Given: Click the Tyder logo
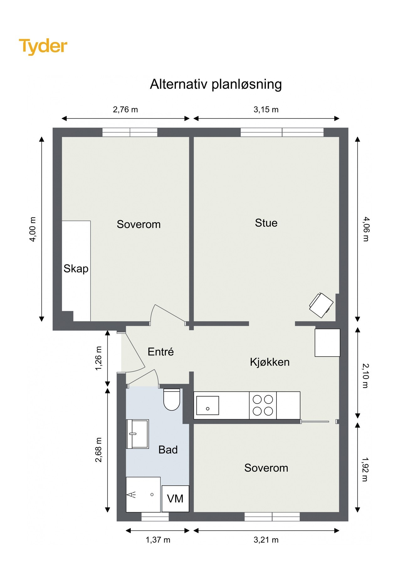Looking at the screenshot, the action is [x=43, y=46].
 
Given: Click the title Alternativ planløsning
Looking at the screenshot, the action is [x=216, y=84].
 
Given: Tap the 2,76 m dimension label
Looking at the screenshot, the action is [x=125, y=109].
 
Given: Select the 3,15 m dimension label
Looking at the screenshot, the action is [x=266, y=109].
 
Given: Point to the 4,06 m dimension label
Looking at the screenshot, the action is [x=366, y=229].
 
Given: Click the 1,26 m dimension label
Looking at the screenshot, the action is [x=98, y=358].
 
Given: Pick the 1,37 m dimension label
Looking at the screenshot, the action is [x=158, y=540].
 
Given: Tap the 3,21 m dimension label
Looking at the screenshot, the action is [x=266, y=540].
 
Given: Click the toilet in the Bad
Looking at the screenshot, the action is [x=172, y=399].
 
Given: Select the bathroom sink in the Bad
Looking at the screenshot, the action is [x=137, y=434].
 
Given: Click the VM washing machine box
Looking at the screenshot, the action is [x=175, y=499].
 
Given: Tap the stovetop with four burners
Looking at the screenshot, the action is [x=263, y=405].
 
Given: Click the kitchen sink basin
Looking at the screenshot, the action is [x=207, y=405].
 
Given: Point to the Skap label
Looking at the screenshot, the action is [x=76, y=269].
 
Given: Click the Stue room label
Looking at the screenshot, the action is [x=266, y=223].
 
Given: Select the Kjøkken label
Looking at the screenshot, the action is [x=270, y=362].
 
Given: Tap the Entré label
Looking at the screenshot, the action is [x=160, y=352].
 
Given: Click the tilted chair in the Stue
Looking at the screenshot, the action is [x=321, y=305].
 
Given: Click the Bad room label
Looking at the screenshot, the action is [x=168, y=450].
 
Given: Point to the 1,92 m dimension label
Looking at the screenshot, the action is [x=365, y=469].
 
